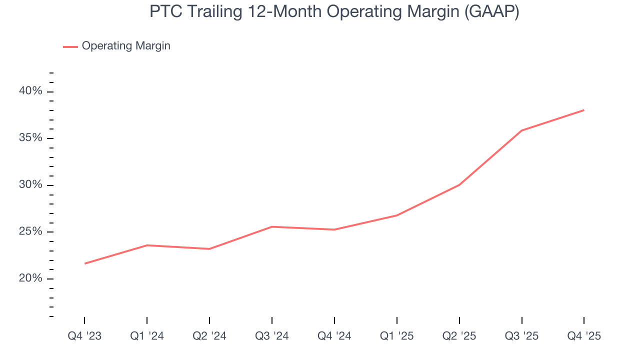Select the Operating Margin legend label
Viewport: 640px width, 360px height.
click(126, 46)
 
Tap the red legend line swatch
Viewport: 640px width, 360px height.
click(70, 46)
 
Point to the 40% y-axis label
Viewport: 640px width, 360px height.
click(30, 91)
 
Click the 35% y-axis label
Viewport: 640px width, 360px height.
click(30, 138)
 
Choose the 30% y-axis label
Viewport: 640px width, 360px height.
click(30, 185)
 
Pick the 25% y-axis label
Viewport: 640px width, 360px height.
click(30, 231)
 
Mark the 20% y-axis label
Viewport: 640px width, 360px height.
click(30, 278)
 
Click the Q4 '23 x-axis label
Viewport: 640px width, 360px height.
click(84, 336)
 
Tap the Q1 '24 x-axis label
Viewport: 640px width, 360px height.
click(147, 336)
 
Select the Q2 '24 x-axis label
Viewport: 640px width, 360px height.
click(209, 336)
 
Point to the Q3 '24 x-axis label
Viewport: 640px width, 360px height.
click(272, 336)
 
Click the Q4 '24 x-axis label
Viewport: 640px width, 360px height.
click(334, 336)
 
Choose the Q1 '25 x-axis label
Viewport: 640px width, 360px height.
click(397, 336)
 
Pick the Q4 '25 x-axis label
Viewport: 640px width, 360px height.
click(584, 336)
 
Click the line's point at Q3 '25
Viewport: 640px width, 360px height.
click(522, 130)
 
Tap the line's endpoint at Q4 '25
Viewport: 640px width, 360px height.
click(584, 110)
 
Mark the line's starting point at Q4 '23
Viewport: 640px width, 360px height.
click(84, 263)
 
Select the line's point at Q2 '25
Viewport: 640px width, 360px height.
click(459, 185)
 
